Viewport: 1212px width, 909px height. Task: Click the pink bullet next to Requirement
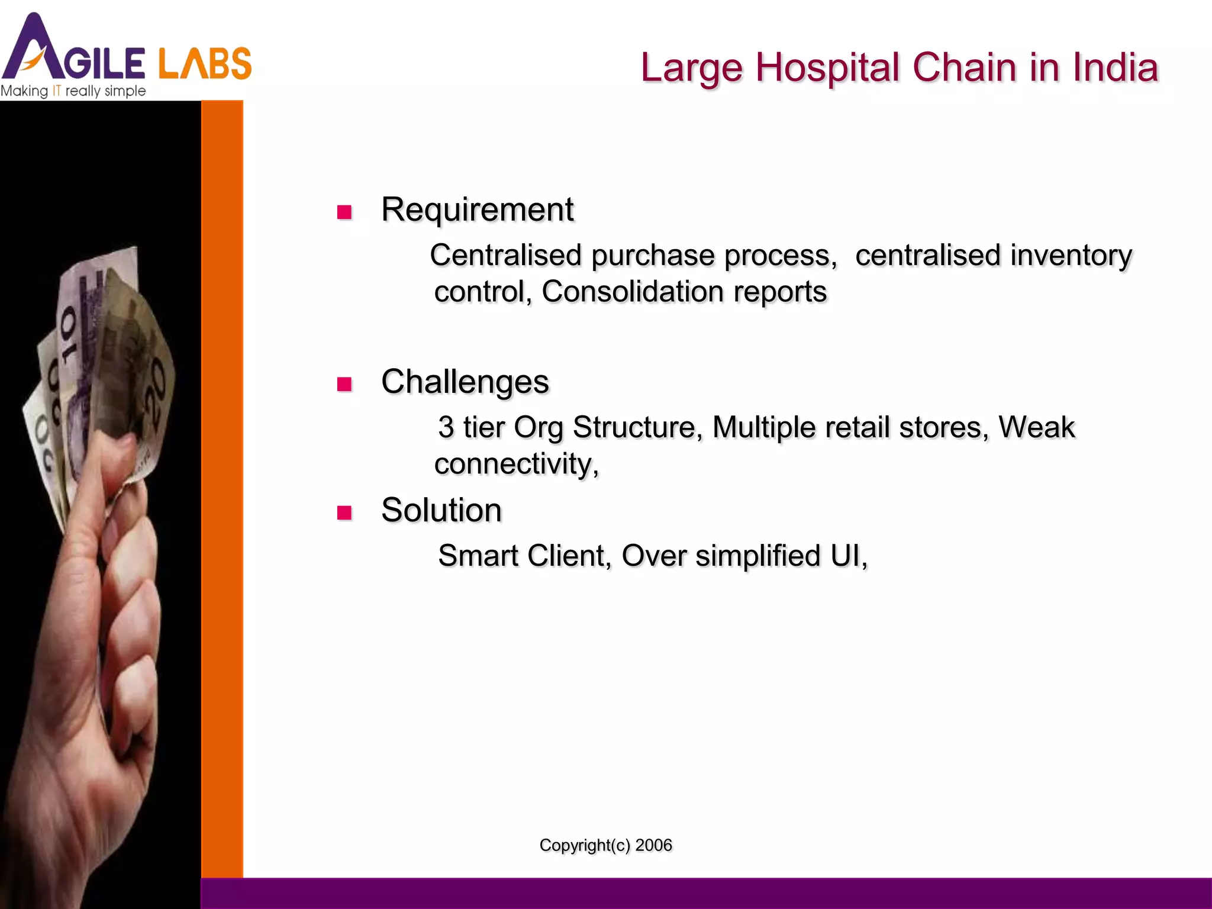point(344,212)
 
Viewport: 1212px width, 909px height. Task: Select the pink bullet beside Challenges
point(344,384)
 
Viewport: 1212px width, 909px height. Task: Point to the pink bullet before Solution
point(344,512)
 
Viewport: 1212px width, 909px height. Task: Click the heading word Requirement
point(477,209)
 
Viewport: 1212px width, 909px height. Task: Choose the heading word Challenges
point(465,382)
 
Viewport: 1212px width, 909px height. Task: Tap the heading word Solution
point(441,510)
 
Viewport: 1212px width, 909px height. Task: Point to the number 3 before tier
point(446,427)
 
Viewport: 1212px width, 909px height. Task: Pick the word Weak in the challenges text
point(1036,427)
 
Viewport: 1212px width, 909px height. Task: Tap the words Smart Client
point(524,556)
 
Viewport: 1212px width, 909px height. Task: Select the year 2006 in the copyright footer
point(653,845)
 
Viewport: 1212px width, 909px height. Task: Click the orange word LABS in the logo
point(205,64)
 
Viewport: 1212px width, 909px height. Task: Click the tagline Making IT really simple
point(73,91)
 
